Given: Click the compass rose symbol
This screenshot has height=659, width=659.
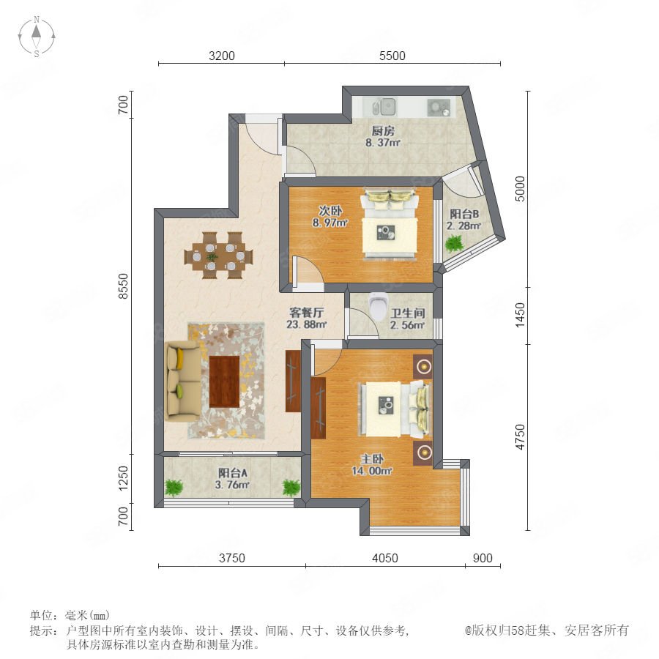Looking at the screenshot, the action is click(37, 36).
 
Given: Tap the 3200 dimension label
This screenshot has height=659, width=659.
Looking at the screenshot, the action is click(221, 56).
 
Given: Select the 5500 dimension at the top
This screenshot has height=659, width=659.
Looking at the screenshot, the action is click(392, 56).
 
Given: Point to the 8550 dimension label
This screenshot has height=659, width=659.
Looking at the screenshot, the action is click(123, 286).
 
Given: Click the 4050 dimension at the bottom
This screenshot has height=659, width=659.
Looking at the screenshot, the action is click(385, 558).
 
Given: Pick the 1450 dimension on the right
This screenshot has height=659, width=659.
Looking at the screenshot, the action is click(521, 315).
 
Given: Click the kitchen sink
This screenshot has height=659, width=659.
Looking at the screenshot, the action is click(384, 107).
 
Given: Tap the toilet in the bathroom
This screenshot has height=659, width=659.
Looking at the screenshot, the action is click(378, 306).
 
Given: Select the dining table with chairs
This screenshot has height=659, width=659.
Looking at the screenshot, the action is click(218, 255).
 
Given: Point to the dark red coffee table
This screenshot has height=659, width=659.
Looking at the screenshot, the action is click(225, 381).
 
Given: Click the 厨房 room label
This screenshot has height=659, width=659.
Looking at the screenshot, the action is click(383, 131).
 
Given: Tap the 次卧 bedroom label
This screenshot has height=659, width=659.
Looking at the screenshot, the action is click(330, 211).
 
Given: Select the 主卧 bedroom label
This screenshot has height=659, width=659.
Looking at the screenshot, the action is click(372, 459).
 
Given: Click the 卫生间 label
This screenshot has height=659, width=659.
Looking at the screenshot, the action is click(408, 313).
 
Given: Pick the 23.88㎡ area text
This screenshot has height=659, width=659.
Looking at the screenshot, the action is click(307, 324).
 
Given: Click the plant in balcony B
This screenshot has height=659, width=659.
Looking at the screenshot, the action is click(454, 243).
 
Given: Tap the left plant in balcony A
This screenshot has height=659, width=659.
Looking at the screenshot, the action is click(174, 488).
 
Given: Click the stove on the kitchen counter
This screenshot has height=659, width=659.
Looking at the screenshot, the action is click(439, 107).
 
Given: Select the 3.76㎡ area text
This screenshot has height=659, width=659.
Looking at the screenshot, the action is click(232, 485).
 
